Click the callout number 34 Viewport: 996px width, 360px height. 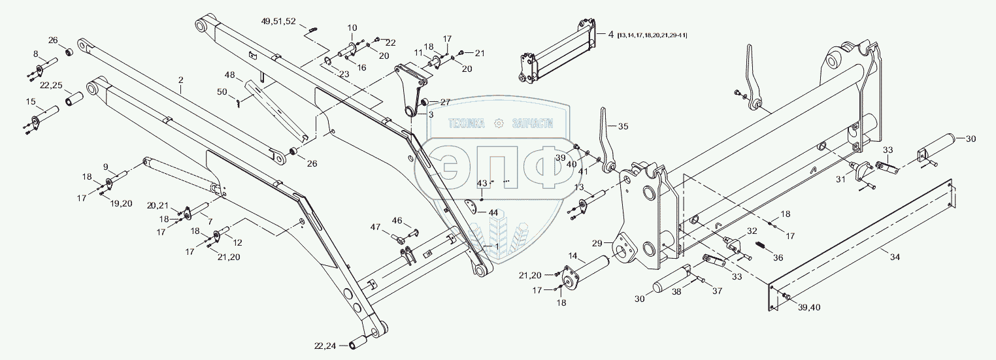pos(895,258)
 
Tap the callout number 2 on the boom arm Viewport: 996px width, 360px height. pos(181,80)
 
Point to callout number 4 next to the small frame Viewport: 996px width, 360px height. pos(610,34)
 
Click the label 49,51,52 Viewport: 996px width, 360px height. pos(278,22)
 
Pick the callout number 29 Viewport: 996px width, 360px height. pos(597,243)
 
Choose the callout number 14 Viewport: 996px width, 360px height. pos(573,256)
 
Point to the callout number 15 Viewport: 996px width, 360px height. pos(31,101)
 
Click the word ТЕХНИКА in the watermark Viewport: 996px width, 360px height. pos(466,123)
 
